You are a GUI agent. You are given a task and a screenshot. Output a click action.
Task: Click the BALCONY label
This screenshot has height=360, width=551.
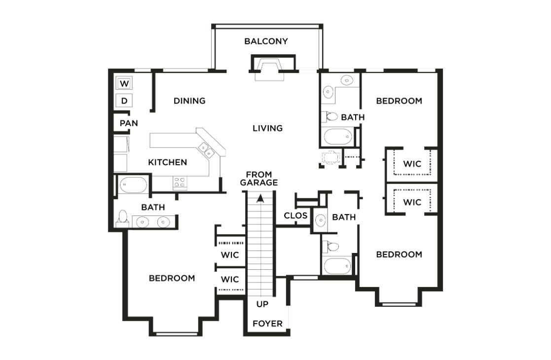pos(266,41)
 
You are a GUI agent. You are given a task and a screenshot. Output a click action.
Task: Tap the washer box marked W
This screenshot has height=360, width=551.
pos(124,83)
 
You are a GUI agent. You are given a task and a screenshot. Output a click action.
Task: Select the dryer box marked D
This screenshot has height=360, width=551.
pos(124,101)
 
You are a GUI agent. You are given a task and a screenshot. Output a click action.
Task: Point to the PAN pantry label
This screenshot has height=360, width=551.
pos(128,123)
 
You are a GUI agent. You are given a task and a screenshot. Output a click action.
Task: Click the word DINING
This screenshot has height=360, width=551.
pos(189,101)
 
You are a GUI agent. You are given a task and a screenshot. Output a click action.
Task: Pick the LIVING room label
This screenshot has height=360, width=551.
pos(267,128)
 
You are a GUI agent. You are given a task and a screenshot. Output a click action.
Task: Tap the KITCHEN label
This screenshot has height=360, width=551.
pos(168,162)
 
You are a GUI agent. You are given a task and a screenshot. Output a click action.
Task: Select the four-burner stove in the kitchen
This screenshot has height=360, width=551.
pos(180,182)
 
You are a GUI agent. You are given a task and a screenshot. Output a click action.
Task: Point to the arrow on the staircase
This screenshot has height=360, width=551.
pos(260,198)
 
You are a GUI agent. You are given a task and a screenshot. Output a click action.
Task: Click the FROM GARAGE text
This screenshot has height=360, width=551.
pos(259,179)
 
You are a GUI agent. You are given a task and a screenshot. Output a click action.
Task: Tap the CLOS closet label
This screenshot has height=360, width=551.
pos(295,216)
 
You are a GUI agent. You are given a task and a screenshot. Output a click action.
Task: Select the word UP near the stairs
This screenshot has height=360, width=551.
pos(262,304)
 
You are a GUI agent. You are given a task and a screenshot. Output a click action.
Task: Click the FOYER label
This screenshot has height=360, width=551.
pos(267,324)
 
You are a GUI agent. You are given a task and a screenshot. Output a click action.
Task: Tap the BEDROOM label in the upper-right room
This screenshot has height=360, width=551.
pos(399,101)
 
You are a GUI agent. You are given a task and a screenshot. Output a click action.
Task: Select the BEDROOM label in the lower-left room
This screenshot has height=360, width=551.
pos(172,278)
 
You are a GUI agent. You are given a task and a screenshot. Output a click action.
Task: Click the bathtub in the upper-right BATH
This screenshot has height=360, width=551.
pos(337,136)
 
